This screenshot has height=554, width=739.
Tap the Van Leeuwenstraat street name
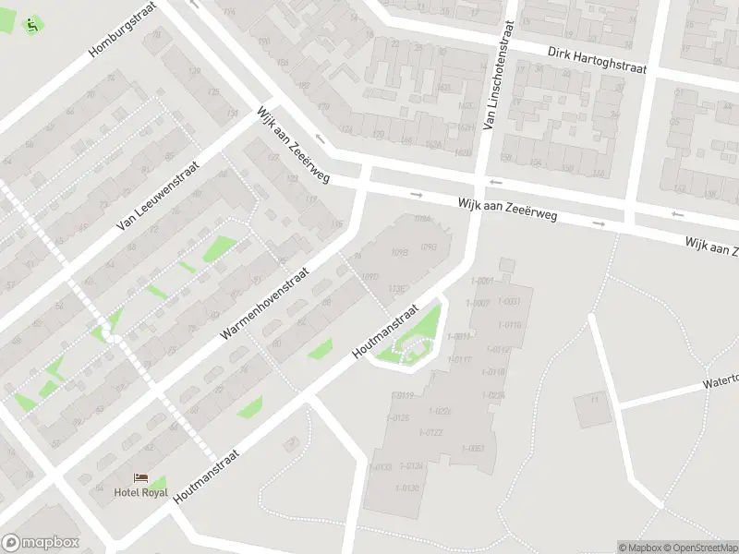[158, 190]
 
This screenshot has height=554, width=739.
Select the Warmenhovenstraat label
[276, 289]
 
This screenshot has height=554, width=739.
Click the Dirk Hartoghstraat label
[597, 60]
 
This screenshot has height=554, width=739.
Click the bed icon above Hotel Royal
[140, 476]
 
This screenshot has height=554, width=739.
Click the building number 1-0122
[431, 432]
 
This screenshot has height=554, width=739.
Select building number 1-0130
[407, 488]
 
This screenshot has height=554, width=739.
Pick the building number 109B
[400, 251]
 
